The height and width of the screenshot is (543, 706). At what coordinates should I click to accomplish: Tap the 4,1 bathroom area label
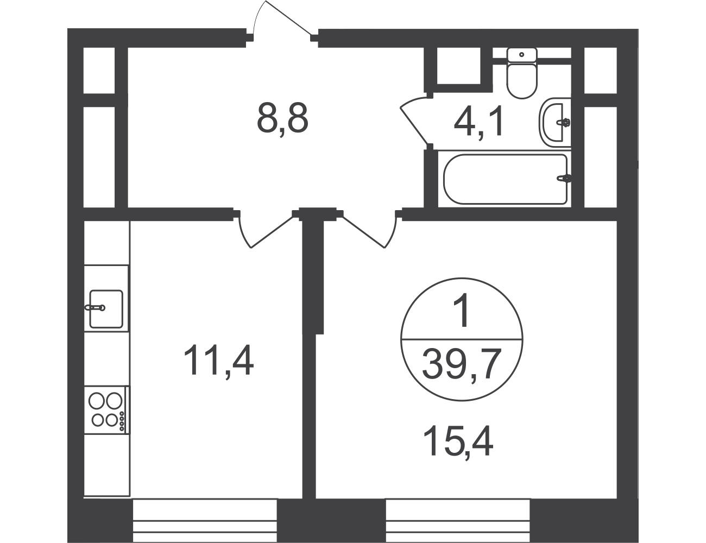pyautogui.click(x=478, y=123)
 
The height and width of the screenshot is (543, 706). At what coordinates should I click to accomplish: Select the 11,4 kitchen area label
pyautogui.click(x=218, y=360)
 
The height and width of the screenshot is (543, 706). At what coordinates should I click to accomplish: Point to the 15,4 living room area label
pyautogui.click(x=458, y=442)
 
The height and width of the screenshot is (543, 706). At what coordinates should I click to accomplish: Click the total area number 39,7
pyautogui.click(x=461, y=363)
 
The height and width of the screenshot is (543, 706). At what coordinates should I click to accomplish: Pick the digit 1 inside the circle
pyautogui.click(x=462, y=310)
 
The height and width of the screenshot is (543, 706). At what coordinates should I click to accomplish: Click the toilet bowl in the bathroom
pyautogui.click(x=521, y=80)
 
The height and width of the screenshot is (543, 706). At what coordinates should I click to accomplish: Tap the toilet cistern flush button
pyautogui.click(x=521, y=54)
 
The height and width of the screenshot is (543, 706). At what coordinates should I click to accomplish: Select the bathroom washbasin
pyautogui.click(x=554, y=122)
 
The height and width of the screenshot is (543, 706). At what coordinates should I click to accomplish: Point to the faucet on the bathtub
pyautogui.click(x=564, y=178)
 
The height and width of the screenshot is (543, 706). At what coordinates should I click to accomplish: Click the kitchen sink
pyautogui.click(x=106, y=309)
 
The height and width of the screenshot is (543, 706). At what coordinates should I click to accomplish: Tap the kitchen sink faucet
pyautogui.click(x=94, y=307)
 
